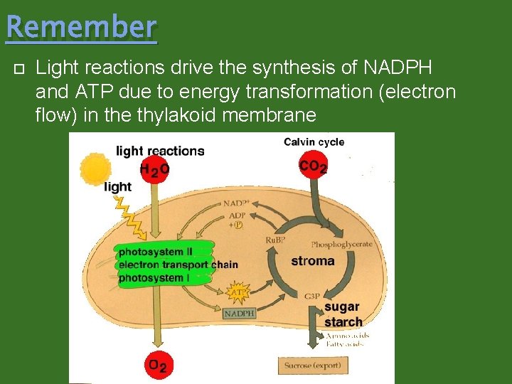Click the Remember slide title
(x=81, y=27)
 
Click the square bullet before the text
(x=19, y=70)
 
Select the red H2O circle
(x=154, y=169)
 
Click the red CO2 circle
(x=313, y=166)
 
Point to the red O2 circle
(x=157, y=366)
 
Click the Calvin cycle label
(x=314, y=142)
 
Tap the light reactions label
(x=160, y=151)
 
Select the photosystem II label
(x=156, y=252)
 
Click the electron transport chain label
(x=178, y=265)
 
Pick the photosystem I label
(x=154, y=277)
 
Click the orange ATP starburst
(x=238, y=292)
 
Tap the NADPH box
(x=240, y=313)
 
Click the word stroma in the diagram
(x=312, y=261)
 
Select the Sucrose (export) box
(x=314, y=366)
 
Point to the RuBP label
(x=275, y=240)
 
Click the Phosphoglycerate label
(x=341, y=244)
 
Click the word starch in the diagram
(x=343, y=322)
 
